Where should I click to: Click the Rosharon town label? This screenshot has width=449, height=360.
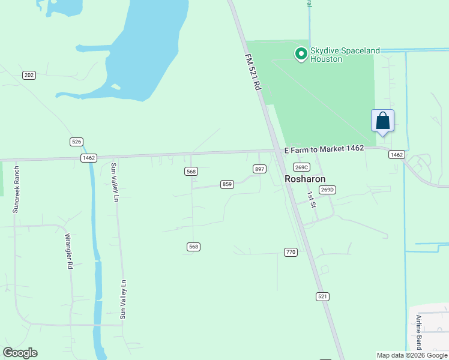(x=305, y=179)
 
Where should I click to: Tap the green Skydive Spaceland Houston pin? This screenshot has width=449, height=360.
(x=301, y=55)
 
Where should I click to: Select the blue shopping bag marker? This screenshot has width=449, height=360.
(x=382, y=121)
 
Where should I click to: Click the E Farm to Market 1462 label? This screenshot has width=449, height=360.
(x=324, y=149)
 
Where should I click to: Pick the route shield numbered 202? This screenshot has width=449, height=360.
(x=29, y=75)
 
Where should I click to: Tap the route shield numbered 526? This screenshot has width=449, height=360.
(x=76, y=142)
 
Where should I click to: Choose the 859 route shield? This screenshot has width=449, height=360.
(x=227, y=184)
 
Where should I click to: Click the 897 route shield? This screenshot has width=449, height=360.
(x=259, y=169)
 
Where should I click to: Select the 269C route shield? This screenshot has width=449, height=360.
(x=301, y=167)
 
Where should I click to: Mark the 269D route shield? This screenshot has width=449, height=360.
(x=327, y=190)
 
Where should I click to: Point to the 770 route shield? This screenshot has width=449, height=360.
(x=291, y=252)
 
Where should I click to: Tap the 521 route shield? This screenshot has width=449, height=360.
(x=323, y=296)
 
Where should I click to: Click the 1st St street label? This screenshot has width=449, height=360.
(x=311, y=200)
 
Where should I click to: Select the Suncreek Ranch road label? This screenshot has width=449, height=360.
(x=16, y=190)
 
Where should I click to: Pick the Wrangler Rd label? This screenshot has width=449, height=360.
(x=69, y=251)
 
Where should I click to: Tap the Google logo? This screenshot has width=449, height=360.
(x=20, y=353)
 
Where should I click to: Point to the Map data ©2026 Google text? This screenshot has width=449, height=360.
(x=412, y=355)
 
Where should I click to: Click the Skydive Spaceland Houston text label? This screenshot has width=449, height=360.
(x=345, y=55)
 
